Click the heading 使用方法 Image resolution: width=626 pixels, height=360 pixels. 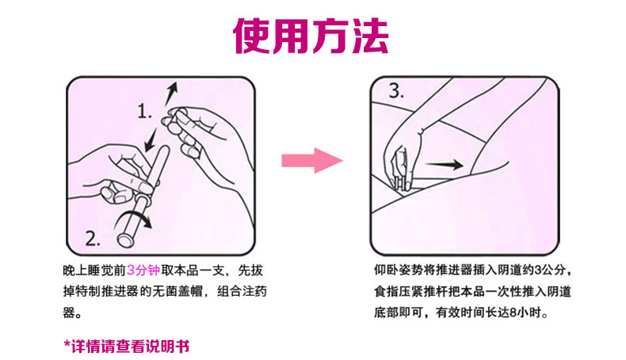pos(311,36)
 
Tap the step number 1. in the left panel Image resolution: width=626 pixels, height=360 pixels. pos(144,111)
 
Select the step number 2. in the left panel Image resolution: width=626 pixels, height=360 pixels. pos(93,239)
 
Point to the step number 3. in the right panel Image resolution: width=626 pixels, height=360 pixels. pos(396,90)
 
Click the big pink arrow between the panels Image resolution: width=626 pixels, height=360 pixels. pos(312,161)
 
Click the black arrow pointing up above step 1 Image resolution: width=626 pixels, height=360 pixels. pos(172,94)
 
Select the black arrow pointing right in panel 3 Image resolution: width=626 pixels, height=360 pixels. pos(444,164)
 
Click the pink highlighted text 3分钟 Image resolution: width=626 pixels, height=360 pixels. pos(143,270)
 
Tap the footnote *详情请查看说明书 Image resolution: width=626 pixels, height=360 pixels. pos(126,346)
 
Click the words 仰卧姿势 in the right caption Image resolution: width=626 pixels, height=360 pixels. pos(399,270)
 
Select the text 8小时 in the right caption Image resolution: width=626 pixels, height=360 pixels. pos(526,312)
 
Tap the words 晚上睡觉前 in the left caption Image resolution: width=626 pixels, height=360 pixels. pos(94,270)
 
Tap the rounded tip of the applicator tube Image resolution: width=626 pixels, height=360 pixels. pos(165,150)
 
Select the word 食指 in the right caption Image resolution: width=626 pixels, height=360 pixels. pos(386,291)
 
